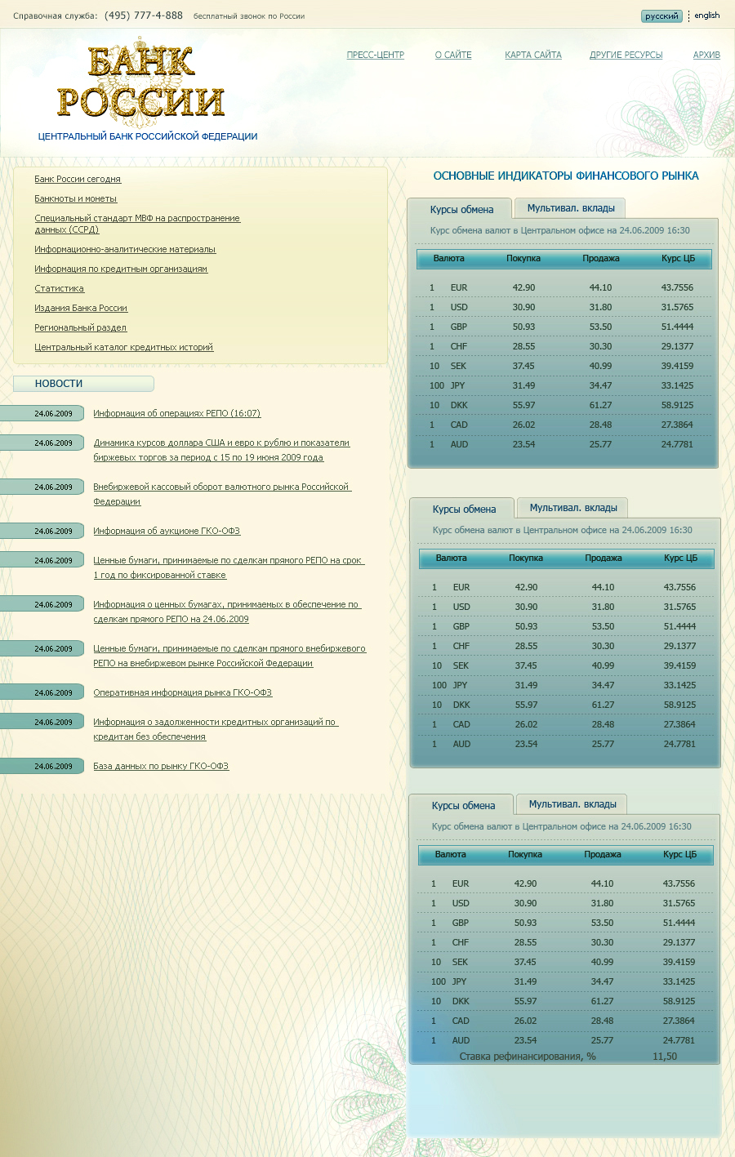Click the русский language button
point(661,16)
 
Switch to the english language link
point(707,16)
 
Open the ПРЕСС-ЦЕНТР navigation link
point(376,56)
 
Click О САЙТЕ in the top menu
point(453,56)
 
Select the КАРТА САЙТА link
point(533,56)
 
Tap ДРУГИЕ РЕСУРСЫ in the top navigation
point(626,56)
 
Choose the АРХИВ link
point(706,56)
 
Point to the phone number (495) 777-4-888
point(144,16)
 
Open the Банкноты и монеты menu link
point(76,199)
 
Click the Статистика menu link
point(60,289)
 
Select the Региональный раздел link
point(81,328)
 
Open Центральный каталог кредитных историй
point(124,348)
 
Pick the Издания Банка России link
point(81,309)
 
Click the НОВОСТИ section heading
point(59,384)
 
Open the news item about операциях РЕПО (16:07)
point(177,414)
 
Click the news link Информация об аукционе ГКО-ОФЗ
point(167,532)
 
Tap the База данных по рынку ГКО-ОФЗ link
point(161,767)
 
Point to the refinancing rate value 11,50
point(665,1057)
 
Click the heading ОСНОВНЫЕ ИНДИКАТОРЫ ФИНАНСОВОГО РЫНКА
point(566,176)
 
